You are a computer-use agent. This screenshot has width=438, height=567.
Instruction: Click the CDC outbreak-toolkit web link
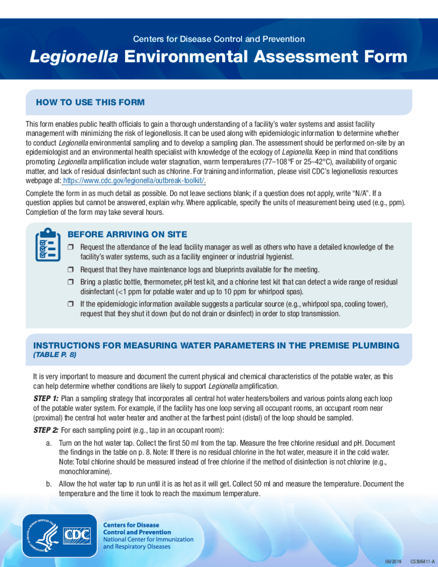[134, 180]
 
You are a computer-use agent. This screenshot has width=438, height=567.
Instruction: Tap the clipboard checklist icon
[48, 244]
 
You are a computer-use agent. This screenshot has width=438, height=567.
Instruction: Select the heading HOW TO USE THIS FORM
[90, 102]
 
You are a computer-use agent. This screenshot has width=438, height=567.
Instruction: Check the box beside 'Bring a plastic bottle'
[71, 282]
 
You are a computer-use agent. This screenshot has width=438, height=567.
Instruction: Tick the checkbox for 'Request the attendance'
[71, 248]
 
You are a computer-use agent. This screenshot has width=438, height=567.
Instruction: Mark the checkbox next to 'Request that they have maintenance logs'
[71, 270]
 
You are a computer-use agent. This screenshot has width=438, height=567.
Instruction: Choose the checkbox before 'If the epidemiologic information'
[71, 304]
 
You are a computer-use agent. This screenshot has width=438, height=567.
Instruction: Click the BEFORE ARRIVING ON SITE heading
[127, 234]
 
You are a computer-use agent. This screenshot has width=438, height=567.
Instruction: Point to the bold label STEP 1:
[46, 398]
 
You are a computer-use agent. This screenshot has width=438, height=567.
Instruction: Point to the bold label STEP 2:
[46, 431]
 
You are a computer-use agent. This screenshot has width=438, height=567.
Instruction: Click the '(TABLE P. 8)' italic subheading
[54, 355]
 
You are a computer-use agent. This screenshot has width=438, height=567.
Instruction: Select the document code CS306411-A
[422, 561]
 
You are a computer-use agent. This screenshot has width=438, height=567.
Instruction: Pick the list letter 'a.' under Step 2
[48, 443]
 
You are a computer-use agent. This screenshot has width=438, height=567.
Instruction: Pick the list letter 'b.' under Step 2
[48, 484]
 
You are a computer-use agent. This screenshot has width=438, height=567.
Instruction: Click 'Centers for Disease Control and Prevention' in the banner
[219, 39]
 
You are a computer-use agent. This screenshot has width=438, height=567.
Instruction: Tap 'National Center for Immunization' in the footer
[148, 539]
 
